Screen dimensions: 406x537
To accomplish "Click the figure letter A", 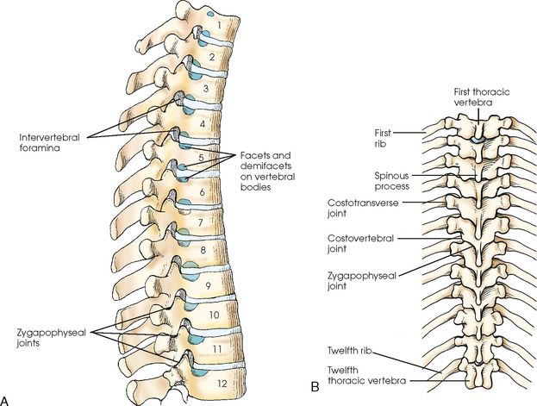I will pyautogui.click(x=8, y=397).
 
